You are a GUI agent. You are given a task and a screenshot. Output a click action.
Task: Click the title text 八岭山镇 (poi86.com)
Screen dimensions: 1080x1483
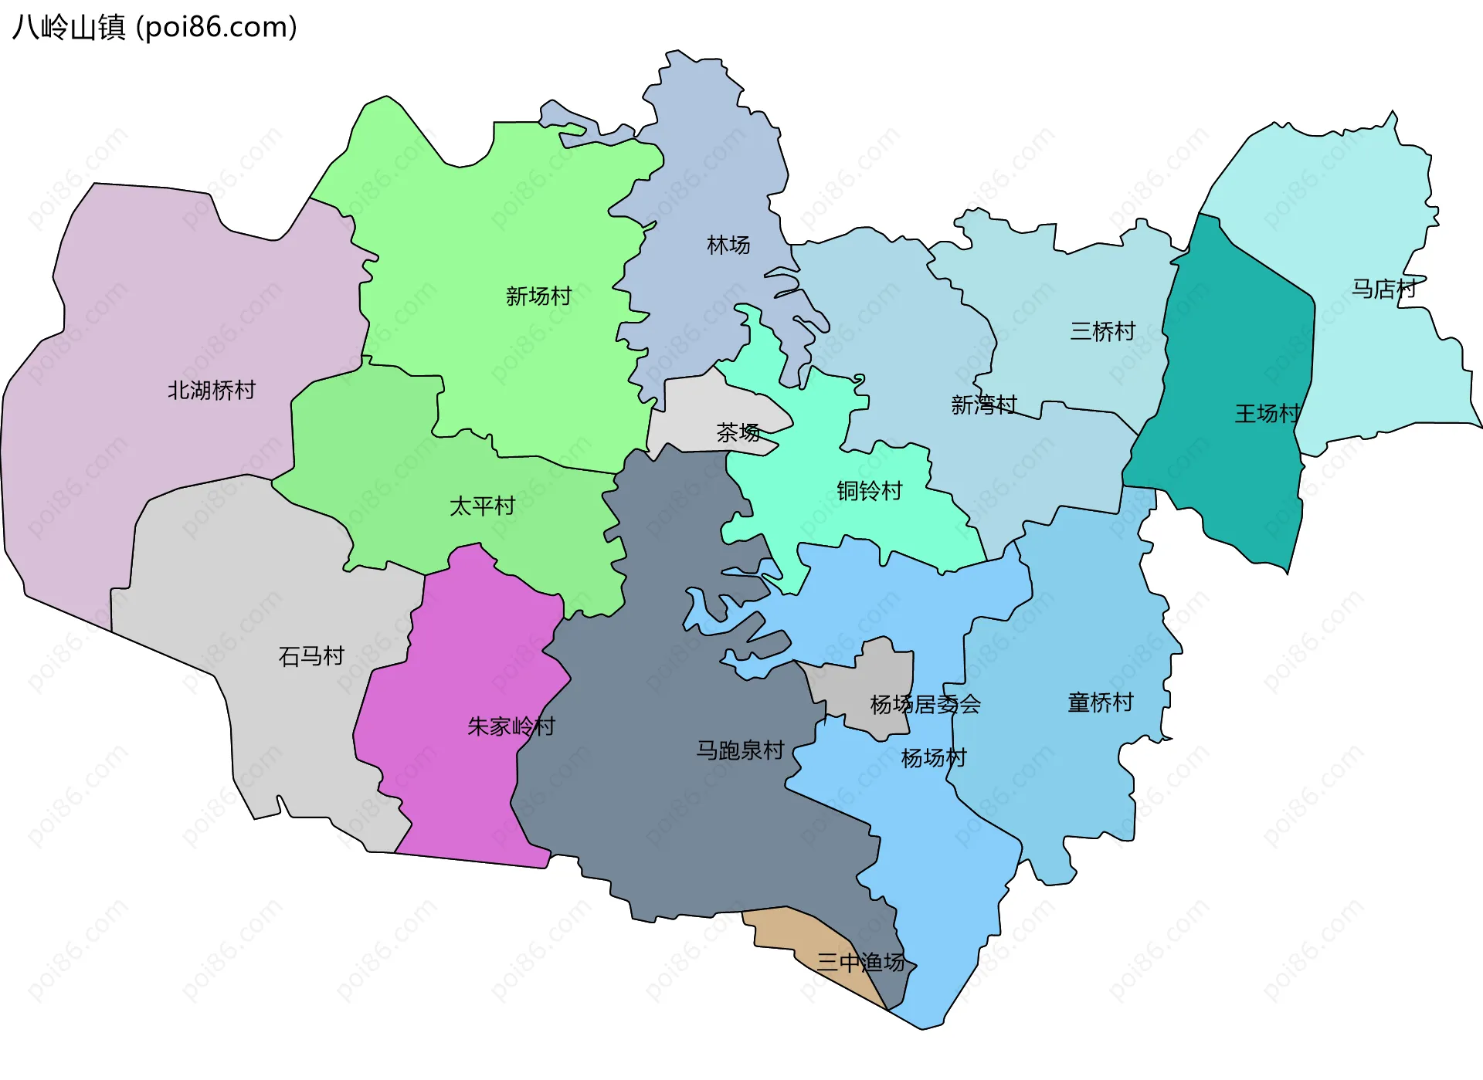click(154, 28)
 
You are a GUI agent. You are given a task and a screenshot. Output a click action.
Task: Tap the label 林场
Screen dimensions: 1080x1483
click(728, 245)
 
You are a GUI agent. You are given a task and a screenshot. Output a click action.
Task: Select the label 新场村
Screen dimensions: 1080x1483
click(538, 296)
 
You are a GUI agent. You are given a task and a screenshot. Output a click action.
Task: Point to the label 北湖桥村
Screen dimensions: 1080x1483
click(212, 391)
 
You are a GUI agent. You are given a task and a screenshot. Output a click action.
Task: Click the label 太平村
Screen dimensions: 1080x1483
click(482, 506)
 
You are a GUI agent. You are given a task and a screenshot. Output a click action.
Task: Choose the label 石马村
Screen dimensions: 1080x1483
click(311, 657)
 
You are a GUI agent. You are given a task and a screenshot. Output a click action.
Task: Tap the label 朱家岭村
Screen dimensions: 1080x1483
click(511, 726)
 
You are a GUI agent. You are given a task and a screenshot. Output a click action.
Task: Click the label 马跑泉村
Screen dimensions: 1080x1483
click(740, 750)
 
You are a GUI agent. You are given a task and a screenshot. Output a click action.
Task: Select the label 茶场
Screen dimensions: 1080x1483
click(738, 432)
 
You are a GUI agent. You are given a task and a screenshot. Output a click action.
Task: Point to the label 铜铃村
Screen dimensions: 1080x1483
click(869, 491)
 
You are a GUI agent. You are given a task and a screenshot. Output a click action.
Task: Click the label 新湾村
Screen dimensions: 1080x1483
click(983, 405)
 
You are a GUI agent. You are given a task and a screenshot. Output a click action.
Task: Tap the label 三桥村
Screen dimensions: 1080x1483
click(1102, 332)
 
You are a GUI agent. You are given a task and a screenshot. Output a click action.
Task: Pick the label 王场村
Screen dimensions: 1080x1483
click(1268, 414)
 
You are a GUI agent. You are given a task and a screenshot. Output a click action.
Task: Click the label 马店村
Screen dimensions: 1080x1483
click(1383, 289)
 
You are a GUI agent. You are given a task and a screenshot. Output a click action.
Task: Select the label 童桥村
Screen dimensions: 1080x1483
click(1100, 703)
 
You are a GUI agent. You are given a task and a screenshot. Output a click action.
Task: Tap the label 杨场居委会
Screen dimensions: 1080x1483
click(925, 705)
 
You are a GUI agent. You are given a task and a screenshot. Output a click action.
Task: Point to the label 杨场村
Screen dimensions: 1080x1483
click(934, 758)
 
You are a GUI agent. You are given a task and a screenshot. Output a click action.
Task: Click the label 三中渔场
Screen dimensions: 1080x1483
click(860, 963)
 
